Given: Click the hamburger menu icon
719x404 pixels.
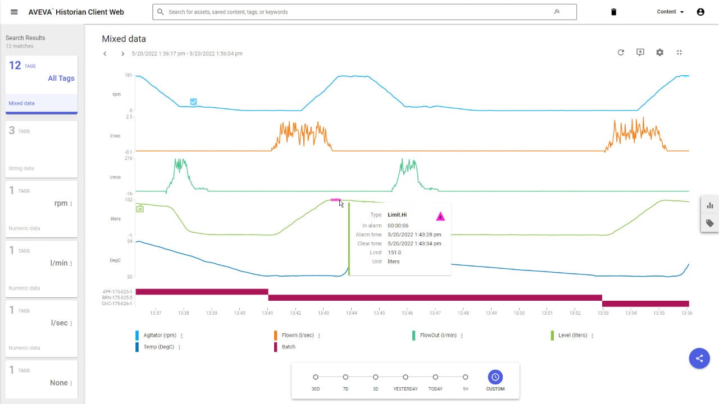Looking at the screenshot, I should [14, 12].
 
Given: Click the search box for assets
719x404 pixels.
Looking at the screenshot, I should [359, 12].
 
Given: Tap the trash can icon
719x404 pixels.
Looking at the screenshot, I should [613, 12].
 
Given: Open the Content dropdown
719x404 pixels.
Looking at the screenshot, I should [670, 12].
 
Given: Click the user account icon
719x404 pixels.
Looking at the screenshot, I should [700, 12].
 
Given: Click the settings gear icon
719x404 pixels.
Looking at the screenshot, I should [659, 52].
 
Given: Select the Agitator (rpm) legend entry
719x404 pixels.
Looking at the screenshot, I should [160, 336].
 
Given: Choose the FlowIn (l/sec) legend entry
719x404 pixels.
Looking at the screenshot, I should [298, 336].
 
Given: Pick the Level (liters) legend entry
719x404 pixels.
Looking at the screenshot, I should [572, 336].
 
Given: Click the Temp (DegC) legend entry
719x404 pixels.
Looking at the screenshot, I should [159, 347].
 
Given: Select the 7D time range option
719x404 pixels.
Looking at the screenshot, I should [345, 377].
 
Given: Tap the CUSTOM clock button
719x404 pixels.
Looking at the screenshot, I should [495, 377].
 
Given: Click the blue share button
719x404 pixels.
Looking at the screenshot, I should [699, 358].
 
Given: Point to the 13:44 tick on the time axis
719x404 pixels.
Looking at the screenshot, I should [351, 313].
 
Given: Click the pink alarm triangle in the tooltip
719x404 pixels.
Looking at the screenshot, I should [440, 216].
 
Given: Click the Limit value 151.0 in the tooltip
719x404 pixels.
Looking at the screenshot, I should [394, 252].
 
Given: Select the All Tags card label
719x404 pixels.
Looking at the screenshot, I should [61, 79].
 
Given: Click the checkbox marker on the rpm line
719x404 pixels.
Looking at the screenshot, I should [193, 102].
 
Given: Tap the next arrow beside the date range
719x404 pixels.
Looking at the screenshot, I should [122, 54].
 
